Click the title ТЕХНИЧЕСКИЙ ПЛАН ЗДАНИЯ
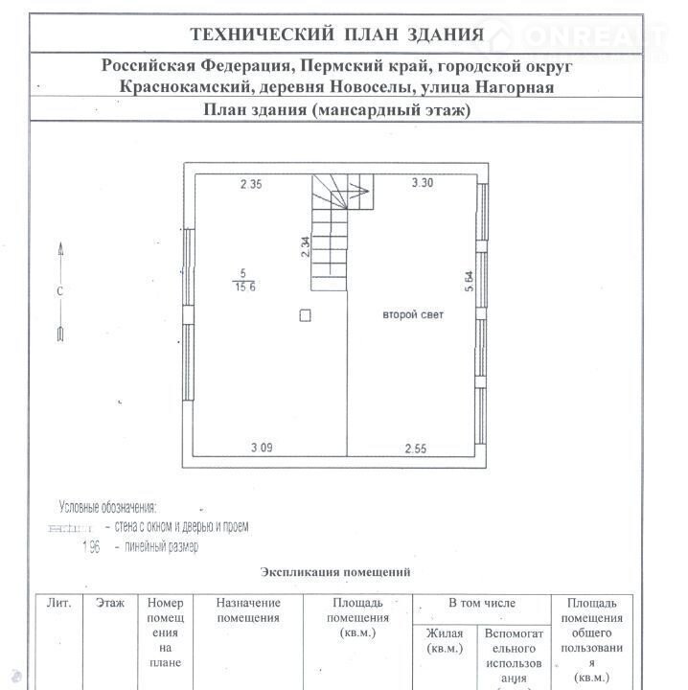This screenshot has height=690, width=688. point(336,35)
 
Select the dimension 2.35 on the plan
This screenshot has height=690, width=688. point(251,185)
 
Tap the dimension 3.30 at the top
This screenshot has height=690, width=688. point(422,183)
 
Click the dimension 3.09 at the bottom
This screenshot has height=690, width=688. point(262,448)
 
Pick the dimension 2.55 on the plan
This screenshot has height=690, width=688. point(415,448)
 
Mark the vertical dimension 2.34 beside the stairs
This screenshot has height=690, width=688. point(305,248)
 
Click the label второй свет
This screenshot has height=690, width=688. point(413,314)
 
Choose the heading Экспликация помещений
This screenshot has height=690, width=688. point(335,572)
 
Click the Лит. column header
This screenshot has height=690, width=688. point(58,603)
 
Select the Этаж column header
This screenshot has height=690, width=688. point(110,603)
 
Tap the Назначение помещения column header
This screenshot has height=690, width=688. point(248,610)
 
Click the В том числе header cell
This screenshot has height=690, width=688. point(481,603)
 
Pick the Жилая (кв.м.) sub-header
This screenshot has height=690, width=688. point(446,641)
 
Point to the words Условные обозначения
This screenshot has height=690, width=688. point(107,507)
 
